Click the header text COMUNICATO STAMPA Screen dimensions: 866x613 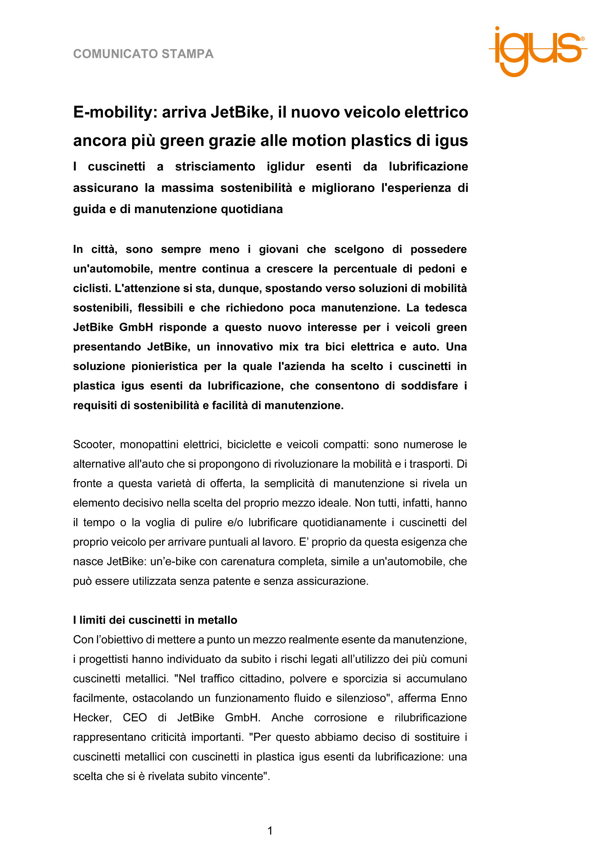pos(143,54)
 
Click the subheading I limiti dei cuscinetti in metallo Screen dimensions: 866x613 pos(155,620)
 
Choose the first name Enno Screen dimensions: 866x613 pos(454,698)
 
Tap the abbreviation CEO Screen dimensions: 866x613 pos(135,718)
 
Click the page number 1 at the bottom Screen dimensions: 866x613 pos(270,831)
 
